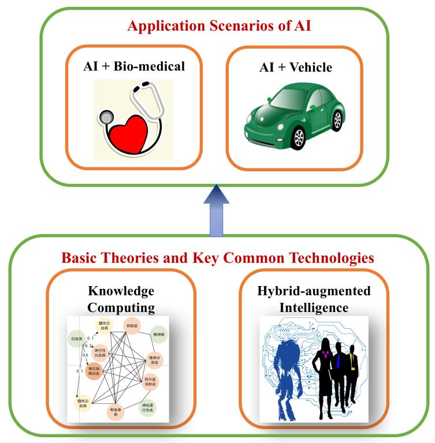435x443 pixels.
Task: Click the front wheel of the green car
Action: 298,137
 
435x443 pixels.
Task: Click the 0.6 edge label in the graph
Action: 85,355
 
